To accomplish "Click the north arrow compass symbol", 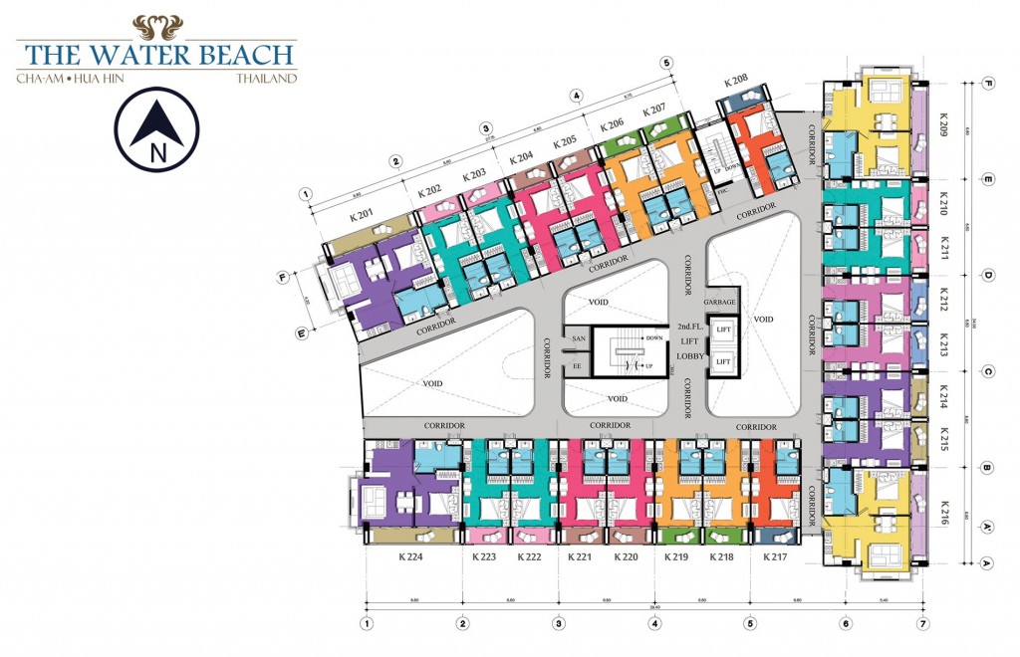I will coord(156,129).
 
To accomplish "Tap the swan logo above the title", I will coord(157,27).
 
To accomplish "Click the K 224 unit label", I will coord(410,557).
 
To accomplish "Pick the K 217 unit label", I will coord(775,557).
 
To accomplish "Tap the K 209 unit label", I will coord(942,123).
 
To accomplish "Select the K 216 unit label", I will coord(942,513).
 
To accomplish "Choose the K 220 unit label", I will coord(626,557).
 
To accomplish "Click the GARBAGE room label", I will coord(721,302).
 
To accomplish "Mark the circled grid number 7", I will coord(922,624).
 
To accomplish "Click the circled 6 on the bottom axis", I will coord(845,624).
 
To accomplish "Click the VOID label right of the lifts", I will coord(763,320).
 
